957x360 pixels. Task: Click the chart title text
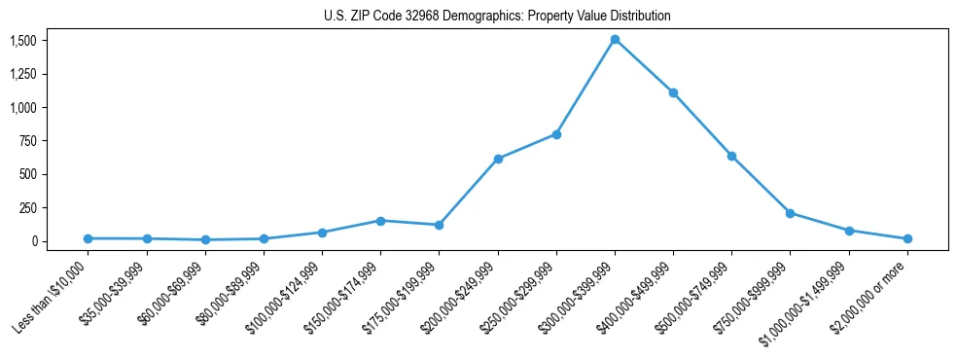pyautogui.click(x=497, y=17)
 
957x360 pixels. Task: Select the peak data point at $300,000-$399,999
pyautogui.click(x=615, y=40)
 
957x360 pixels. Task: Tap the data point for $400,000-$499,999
pyautogui.click(x=673, y=92)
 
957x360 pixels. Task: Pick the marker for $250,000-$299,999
pyautogui.click(x=556, y=134)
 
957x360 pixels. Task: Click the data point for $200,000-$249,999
pyautogui.click(x=498, y=159)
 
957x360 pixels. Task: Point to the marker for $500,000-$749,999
pyautogui.click(x=731, y=156)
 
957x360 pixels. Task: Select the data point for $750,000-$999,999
pyautogui.click(x=790, y=213)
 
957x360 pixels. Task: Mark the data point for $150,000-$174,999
pyautogui.click(x=380, y=221)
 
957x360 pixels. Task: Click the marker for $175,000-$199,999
pyautogui.click(x=439, y=225)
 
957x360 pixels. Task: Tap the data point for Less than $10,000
pyautogui.click(x=88, y=238)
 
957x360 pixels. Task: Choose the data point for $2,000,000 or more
pyautogui.click(x=907, y=238)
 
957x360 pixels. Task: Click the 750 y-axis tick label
pyautogui.click(x=28, y=141)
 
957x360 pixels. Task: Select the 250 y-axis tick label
pyautogui.click(x=28, y=208)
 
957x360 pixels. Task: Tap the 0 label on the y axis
pyautogui.click(x=33, y=241)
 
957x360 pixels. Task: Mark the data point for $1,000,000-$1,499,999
pyautogui.click(x=849, y=231)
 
